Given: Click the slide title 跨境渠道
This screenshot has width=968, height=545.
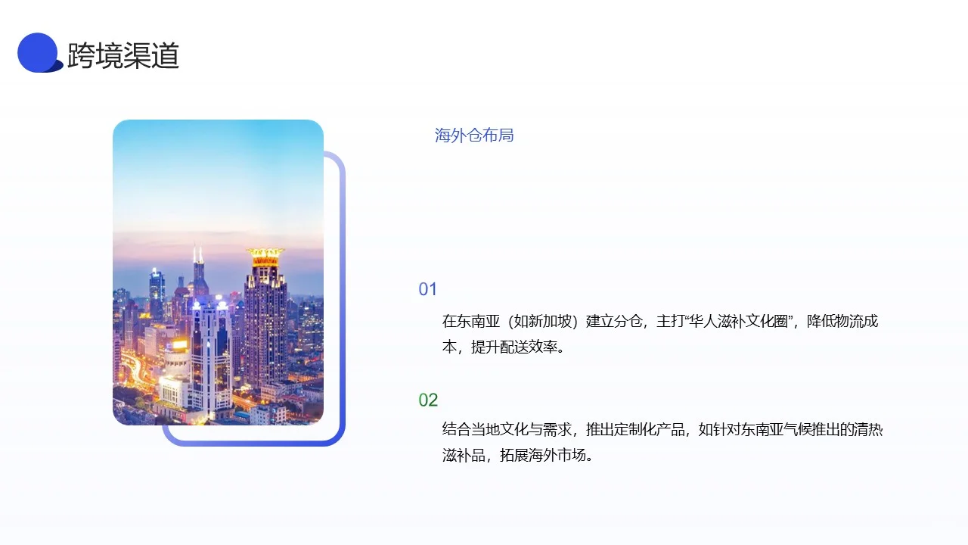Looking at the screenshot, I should click(x=123, y=55).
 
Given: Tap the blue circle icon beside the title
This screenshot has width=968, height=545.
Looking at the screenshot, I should click(x=39, y=53).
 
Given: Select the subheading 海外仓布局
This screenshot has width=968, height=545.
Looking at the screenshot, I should click(x=474, y=135).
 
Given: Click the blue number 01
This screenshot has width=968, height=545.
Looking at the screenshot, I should click(x=428, y=289).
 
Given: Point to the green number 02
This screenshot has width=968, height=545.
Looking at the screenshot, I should click(x=428, y=400).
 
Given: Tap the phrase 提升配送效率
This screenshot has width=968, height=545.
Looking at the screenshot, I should click(x=513, y=347).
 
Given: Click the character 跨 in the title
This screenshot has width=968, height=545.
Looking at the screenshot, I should click(x=80, y=55).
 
